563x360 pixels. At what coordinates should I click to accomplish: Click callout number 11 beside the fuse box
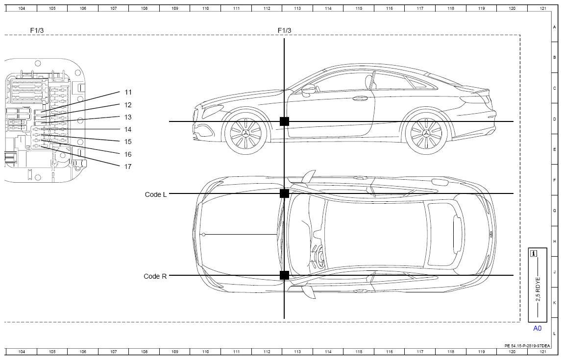click(128, 92)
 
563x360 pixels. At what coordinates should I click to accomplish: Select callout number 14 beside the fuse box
click(128, 130)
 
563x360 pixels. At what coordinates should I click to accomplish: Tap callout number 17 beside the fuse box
click(128, 167)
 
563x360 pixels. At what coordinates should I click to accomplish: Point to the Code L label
click(156, 194)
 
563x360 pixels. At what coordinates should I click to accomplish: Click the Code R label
click(155, 276)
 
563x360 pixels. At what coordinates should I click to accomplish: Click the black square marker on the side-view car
click(284, 121)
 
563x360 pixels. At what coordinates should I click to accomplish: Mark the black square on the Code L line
click(284, 193)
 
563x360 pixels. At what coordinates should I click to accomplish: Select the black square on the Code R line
click(284, 275)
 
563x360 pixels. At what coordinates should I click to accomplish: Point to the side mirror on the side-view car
click(308, 90)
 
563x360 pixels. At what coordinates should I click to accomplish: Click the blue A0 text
click(537, 329)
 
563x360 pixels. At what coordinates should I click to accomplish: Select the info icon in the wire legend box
click(534, 253)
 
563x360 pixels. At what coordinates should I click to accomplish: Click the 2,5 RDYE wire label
click(538, 289)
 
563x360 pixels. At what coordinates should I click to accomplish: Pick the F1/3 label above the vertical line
click(284, 30)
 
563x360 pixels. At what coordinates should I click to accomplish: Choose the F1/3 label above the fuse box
click(37, 30)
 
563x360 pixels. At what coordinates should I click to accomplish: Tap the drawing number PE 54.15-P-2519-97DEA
click(527, 346)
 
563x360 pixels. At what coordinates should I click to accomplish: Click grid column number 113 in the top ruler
click(297, 8)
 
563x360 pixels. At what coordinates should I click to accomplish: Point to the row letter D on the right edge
click(554, 119)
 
